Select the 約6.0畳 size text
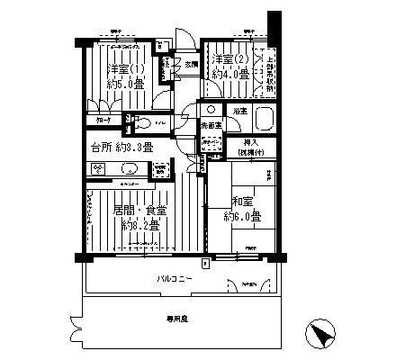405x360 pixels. [243, 217]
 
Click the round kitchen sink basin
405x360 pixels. [124, 167]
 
